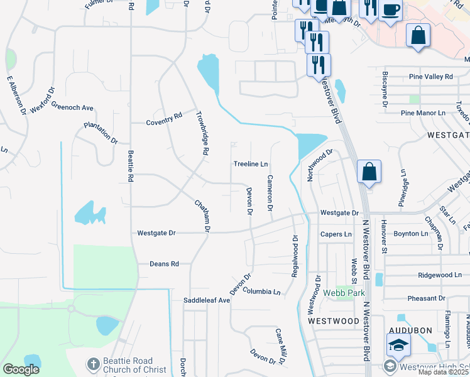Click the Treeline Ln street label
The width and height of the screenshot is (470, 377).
point(251,164)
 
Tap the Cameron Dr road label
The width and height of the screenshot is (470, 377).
point(270,192)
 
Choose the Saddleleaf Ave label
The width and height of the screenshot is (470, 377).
point(207,300)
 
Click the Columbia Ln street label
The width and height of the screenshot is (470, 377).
point(261,292)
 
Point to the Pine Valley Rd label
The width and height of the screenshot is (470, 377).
point(430,77)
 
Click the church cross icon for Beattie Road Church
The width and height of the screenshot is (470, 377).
point(92,364)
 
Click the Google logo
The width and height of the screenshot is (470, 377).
point(21,369)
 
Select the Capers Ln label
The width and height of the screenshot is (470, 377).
point(336,234)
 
